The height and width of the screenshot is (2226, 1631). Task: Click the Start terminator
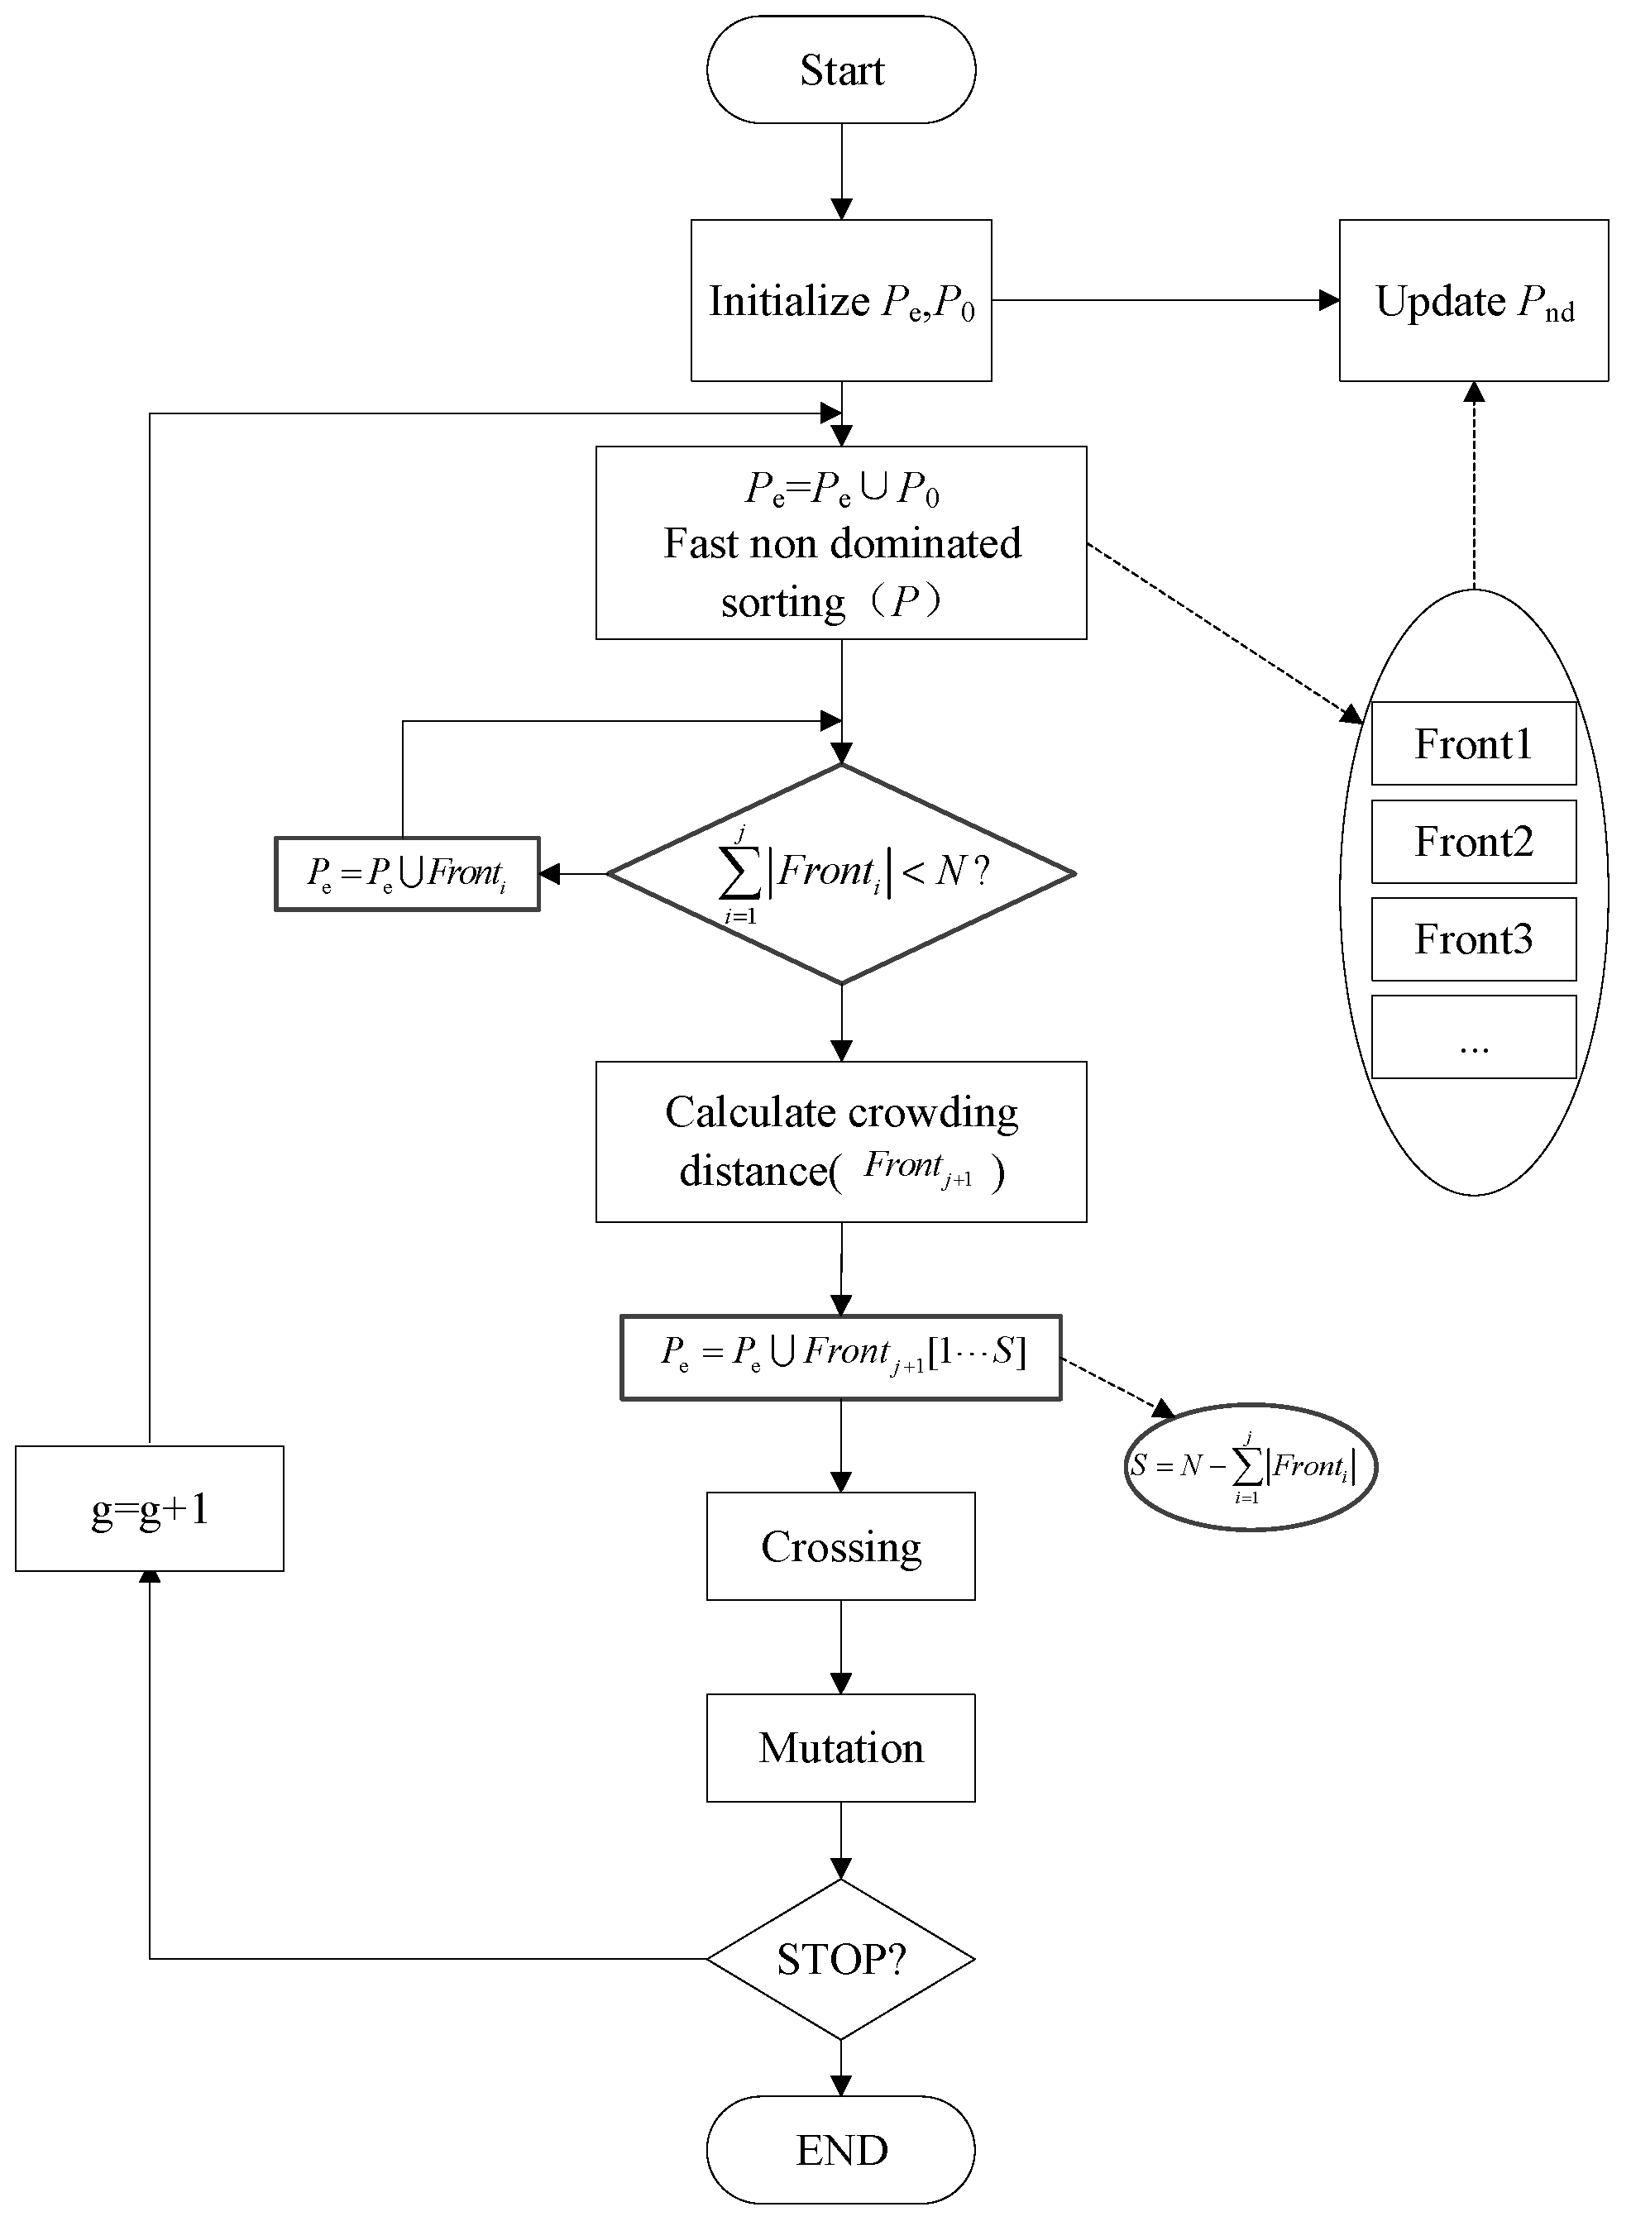click(x=841, y=70)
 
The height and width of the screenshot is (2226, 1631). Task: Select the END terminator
click(x=841, y=2150)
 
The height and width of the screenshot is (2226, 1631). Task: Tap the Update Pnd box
click(x=1473, y=300)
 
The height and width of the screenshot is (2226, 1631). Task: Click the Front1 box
click(x=1473, y=743)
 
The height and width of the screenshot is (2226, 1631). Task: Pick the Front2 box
click(x=1473, y=841)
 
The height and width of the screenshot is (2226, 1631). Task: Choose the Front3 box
click(x=1473, y=939)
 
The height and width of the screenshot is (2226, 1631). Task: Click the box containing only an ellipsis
click(x=1473, y=1036)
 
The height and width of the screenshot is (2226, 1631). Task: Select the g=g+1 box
click(x=150, y=1508)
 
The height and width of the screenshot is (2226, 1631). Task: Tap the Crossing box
click(x=841, y=1545)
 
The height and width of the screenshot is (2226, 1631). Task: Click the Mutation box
click(x=841, y=1747)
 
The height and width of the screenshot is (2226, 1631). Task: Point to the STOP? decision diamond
click(x=841, y=1958)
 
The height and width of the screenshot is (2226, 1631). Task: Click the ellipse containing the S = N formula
click(x=1250, y=1467)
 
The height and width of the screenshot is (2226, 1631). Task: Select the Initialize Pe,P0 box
click(x=841, y=300)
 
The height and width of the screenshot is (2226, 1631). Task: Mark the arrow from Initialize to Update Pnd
click(x=1165, y=300)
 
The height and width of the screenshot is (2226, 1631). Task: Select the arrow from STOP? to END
click(x=841, y=2067)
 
